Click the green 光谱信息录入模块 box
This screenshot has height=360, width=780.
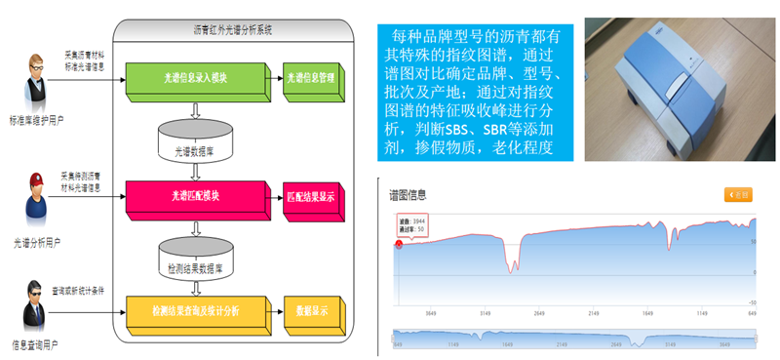pyautogui.click(x=196, y=76)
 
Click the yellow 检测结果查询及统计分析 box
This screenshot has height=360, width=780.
pyautogui.click(x=196, y=310)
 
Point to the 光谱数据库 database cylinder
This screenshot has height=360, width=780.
pyautogui.click(x=196, y=140)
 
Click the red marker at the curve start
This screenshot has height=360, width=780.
pyautogui.click(x=398, y=244)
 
